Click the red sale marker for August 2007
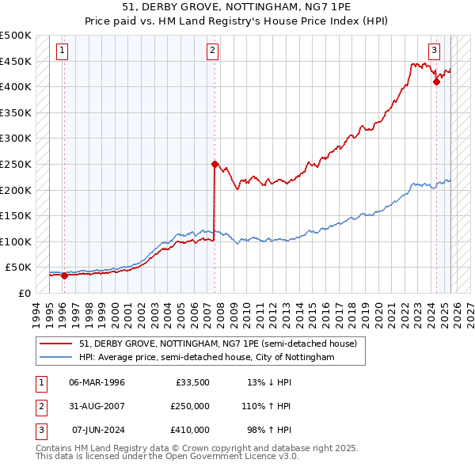pyautogui.click(x=215, y=165)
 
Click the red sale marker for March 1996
pyautogui.click(x=64, y=275)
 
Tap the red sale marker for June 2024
pyautogui.click(x=435, y=81)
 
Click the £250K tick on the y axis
pyautogui.click(x=16, y=164)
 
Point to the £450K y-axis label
pyautogui.click(x=16, y=61)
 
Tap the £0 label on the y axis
pyautogui.click(x=25, y=293)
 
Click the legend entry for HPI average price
pyautogui.click(x=207, y=358)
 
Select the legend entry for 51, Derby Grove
pyautogui.click(x=218, y=344)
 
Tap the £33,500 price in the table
pyautogui.click(x=192, y=382)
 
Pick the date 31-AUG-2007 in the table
pyautogui.click(x=98, y=406)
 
